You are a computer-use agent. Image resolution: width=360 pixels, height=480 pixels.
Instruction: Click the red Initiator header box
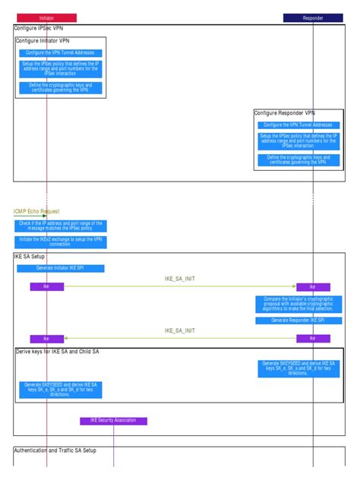click(x=46, y=17)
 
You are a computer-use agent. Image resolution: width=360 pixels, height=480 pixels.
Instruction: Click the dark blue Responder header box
click(x=312, y=17)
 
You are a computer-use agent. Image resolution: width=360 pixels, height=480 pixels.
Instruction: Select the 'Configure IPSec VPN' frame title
click(x=39, y=28)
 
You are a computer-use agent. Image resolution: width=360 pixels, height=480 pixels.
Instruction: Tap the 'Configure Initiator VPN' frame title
click(x=43, y=40)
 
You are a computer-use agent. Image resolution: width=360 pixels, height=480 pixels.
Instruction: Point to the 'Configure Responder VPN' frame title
click(x=284, y=113)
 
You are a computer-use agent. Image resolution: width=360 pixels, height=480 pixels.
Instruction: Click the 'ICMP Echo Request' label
click(x=36, y=211)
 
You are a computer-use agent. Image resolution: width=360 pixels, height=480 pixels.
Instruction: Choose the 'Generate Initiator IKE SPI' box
click(x=60, y=268)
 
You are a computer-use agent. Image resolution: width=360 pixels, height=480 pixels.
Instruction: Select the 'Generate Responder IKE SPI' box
click(x=298, y=321)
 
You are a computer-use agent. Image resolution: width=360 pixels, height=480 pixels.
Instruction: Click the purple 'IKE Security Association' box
click(x=113, y=420)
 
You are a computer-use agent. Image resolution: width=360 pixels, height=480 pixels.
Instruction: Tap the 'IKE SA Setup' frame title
click(x=30, y=257)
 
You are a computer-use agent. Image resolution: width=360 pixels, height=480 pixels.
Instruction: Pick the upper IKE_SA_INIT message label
click(x=179, y=279)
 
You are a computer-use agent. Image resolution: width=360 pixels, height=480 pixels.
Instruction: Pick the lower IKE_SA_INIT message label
click(x=179, y=330)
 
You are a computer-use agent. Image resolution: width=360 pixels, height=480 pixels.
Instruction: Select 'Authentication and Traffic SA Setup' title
click(x=65, y=450)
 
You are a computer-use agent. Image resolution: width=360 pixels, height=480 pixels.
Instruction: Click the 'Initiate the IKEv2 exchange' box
click(x=61, y=242)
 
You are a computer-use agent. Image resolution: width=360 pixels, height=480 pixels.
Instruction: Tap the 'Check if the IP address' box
click(x=61, y=226)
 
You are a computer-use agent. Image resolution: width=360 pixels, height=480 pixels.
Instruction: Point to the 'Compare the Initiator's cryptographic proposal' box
click(x=298, y=304)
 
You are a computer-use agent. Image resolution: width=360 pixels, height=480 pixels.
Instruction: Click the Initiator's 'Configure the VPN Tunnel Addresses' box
click(x=60, y=53)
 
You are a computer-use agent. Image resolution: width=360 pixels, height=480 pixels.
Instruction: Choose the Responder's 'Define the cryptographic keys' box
click(x=298, y=160)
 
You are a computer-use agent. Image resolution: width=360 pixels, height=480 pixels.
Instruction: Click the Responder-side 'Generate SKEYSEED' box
click(x=298, y=368)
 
